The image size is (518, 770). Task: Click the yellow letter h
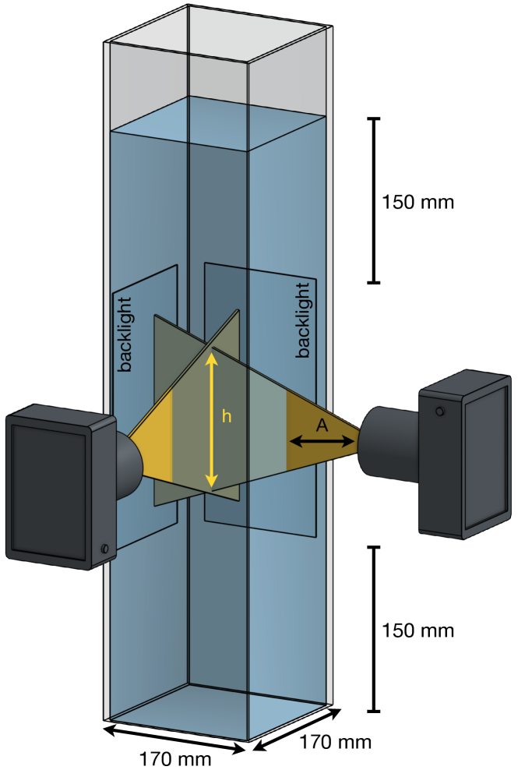point(227,417)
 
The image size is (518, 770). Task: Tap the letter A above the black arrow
point(322,424)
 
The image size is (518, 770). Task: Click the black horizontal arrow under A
point(322,441)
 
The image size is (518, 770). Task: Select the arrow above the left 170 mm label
point(176,737)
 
